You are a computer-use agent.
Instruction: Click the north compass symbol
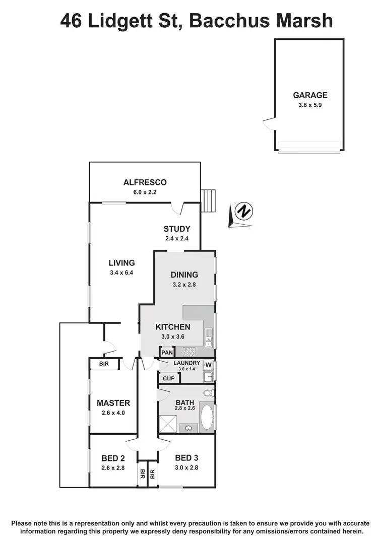click(x=243, y=211)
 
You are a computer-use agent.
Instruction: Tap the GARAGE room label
click(x=310, y=95)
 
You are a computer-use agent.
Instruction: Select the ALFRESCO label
click(x=145, y=182)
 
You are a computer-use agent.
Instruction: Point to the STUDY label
click(x=176, y=229)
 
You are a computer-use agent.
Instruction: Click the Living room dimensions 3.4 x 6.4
click(x=121, y=273)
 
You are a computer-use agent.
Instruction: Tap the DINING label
click(x=184, y=275)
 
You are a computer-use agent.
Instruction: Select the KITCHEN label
click(x=172, y=327)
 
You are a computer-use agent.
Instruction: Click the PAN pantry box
click(x=167, y=353)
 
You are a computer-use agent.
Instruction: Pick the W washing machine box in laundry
click(x=209, y=365)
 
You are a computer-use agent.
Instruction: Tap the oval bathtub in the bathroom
click(x=207, y=417)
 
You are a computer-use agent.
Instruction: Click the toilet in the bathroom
click(x=208, y=393)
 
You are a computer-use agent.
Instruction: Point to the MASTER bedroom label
click(x=113, y=403)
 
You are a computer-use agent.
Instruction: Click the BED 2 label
click(x=113, y=458)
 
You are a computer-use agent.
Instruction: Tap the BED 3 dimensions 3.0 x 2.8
click(x=186, y=468)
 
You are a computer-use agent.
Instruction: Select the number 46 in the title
click(x=72, y=21)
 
